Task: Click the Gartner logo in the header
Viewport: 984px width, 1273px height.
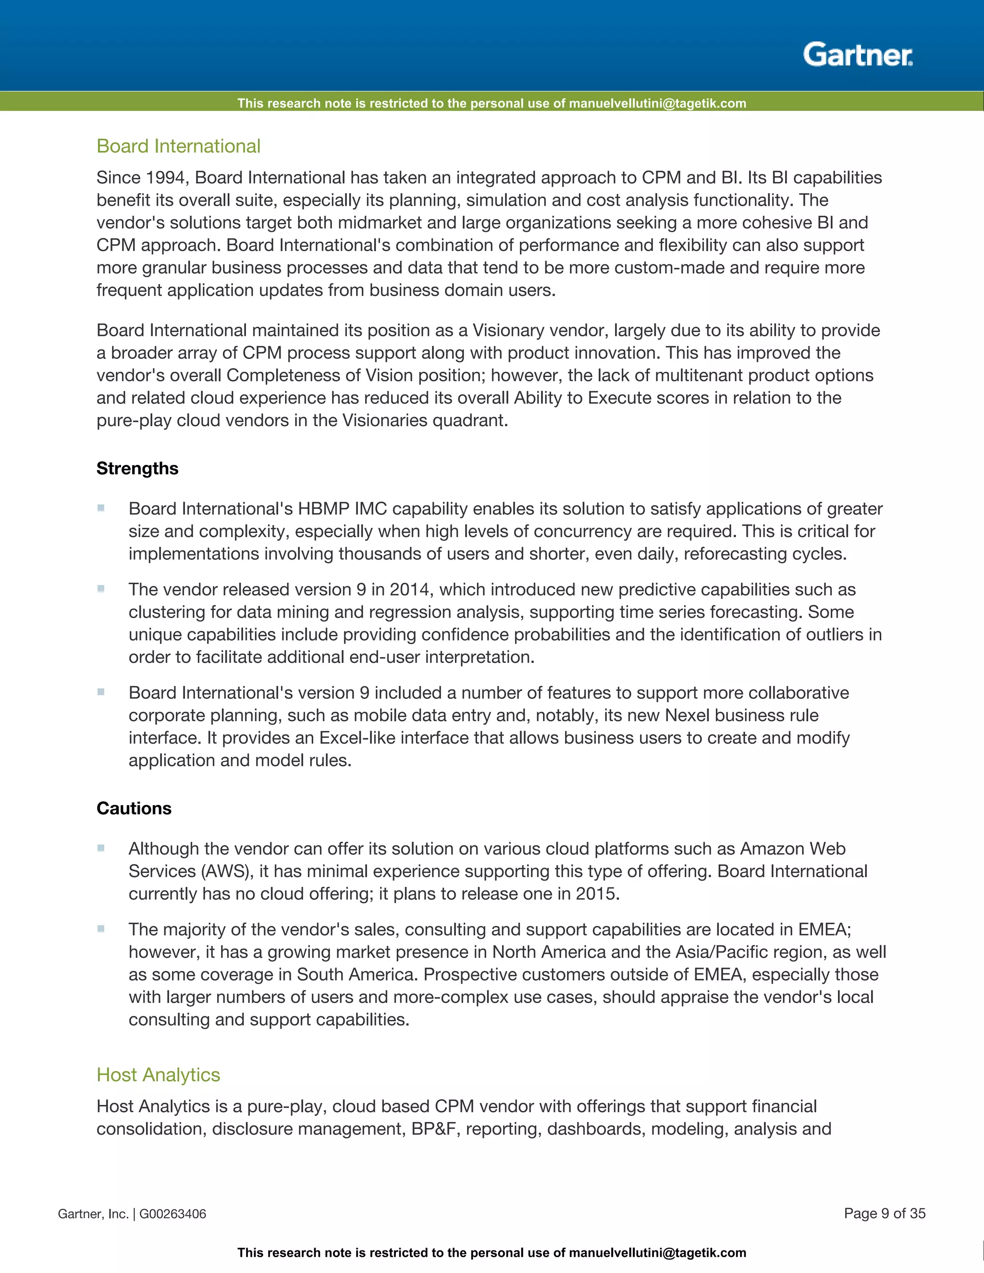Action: point(858,55)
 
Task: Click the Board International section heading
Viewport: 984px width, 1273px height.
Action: point(178,147)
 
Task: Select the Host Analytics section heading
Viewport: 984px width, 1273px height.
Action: point(158,1075)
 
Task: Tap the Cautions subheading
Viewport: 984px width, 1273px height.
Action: point(134,808)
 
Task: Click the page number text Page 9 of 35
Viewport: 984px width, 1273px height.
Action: point(885,1213)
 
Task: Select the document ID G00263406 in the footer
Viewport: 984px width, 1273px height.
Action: point(172,1214)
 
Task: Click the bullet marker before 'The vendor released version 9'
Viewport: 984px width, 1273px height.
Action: point(101,589)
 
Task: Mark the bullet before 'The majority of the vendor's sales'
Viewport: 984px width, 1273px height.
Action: point(101,929)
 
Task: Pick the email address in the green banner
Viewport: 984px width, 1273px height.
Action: point(657,104)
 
